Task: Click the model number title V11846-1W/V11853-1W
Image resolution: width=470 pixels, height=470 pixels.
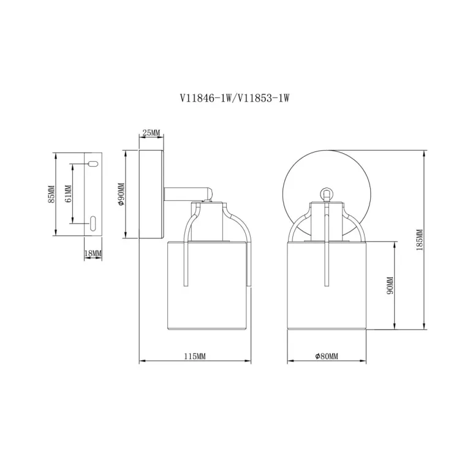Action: click(235, 97)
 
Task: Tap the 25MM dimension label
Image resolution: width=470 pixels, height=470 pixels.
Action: click(151, 132)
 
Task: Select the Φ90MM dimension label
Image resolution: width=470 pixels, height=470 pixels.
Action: click(121, 194)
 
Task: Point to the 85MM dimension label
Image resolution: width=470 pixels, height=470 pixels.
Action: click(51, 194)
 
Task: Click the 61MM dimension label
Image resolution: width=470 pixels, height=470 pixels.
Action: click(69, 194)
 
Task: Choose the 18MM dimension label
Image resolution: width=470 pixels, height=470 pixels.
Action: click(93, 254)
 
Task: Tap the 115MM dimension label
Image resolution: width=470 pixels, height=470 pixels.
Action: click(195, 356)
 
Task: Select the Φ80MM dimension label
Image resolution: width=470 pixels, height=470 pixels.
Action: click(327, 356)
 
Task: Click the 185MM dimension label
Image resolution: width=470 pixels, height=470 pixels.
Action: click(420, 240)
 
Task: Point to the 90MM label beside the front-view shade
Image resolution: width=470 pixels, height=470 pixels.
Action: click(390, 286)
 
